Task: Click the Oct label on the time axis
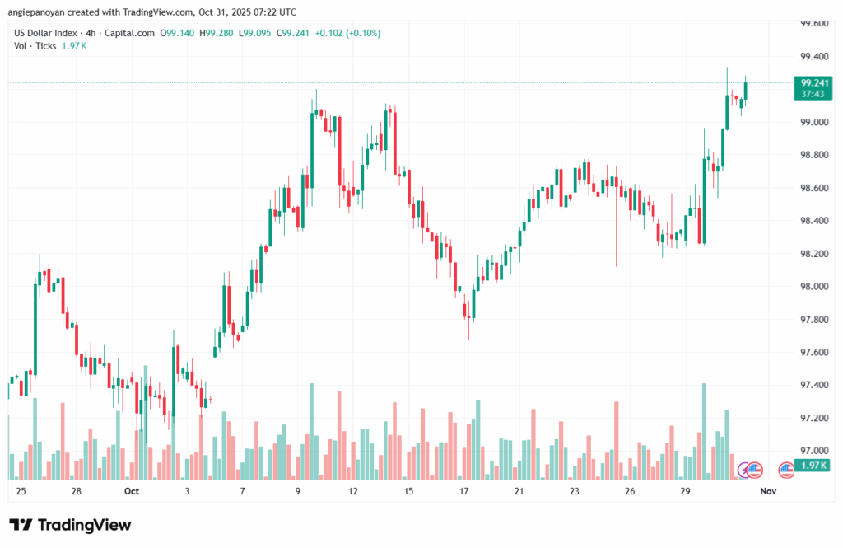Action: coord(132,491)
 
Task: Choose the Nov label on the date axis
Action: coord(768,491)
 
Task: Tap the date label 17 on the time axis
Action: coord(464,491)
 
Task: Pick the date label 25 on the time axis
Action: coord(21,491)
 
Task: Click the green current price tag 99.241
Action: coord(813,82)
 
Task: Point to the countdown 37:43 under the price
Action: coord(813,94)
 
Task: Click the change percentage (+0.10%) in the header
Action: coord(363,33)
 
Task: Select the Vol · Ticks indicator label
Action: coord(35,45)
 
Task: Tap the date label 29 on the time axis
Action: coord(685,491)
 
